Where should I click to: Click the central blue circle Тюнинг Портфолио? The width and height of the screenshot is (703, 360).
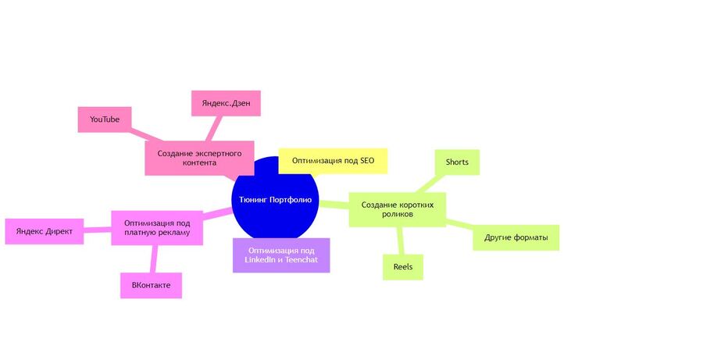tap(275, 199)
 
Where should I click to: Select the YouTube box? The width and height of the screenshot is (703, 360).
tap(105, 119)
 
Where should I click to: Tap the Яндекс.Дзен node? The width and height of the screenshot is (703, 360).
tap(226, 103)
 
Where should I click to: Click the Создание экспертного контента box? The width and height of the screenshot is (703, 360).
tap(199, 159)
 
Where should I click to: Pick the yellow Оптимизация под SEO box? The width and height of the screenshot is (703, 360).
tap(333, 161)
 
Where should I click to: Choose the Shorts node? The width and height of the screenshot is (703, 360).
tap(457, 162)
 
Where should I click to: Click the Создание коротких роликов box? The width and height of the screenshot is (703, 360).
tap(398, 209)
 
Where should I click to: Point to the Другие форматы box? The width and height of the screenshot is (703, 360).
tap(516, 237)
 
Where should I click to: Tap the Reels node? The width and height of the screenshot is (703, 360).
tap(402, 267)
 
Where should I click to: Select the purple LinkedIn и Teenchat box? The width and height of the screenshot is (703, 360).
tap(281, 255)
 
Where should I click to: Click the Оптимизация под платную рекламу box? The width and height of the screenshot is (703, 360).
tap(157, 228)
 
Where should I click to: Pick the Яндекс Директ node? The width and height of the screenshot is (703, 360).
tap(45, 231)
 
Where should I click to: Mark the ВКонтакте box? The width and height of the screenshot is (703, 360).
tap(151, 285)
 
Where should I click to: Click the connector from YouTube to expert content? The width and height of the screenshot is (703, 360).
tap(147, 135)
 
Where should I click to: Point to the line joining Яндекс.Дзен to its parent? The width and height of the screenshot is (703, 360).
tap(214, 128)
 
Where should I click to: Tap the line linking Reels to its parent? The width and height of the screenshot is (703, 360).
tap(401, 241)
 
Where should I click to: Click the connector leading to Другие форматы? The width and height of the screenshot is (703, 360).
tap(459, 223)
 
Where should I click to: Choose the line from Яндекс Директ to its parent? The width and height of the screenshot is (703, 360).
tap(98, 230)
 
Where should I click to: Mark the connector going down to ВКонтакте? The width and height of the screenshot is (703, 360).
tap(154, 258)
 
